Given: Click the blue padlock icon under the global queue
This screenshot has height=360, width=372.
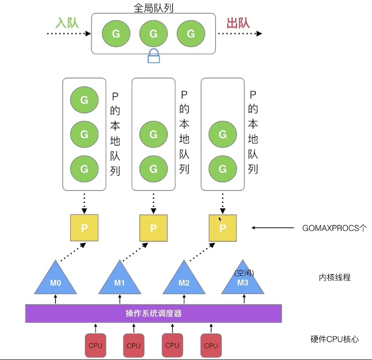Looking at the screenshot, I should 153,56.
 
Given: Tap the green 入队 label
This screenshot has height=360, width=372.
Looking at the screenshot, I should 67,23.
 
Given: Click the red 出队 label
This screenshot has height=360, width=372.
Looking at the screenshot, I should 238,23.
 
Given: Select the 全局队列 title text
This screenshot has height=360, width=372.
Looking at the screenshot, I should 153,7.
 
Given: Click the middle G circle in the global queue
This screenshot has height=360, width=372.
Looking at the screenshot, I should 153,34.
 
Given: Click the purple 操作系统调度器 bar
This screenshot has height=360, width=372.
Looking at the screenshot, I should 153,314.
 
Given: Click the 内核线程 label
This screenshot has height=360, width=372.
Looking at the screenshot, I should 334,277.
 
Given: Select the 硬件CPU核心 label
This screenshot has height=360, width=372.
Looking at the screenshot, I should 334,340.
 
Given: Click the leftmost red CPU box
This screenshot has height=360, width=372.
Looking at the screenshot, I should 95,345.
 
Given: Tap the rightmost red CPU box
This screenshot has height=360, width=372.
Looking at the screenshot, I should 211,345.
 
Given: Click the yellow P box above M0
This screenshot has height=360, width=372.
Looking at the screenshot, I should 84,228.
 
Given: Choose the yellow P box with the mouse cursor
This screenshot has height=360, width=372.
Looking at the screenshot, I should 223,228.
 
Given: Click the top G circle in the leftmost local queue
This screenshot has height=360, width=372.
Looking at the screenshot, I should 84,99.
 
